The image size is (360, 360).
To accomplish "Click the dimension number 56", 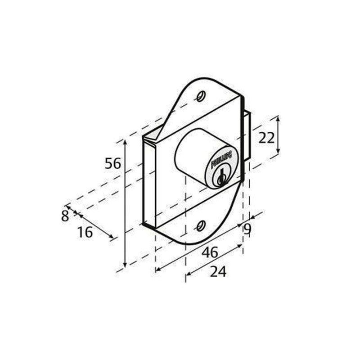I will point(113,164).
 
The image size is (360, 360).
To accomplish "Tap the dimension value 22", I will point(266,138).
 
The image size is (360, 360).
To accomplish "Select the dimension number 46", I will point(210,252).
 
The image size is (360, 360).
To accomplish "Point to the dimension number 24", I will point(218,271).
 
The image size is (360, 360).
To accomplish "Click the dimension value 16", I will point(85,232).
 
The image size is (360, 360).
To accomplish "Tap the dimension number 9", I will point(247,229).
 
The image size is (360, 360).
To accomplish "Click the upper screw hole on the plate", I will point(201,95).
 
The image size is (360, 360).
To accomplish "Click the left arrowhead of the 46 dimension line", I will point(157,270).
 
